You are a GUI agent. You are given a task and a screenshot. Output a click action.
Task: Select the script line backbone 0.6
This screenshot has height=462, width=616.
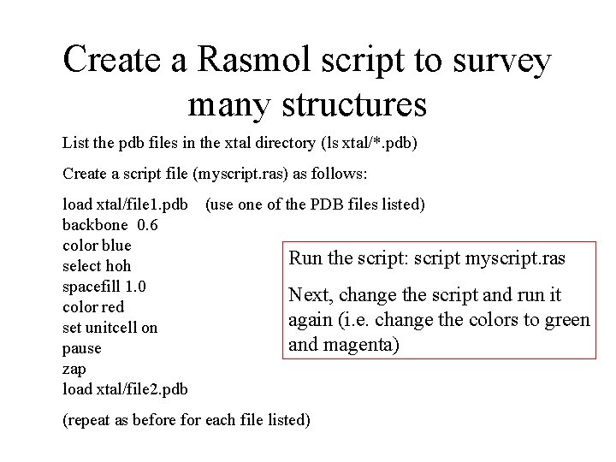coord(110,226)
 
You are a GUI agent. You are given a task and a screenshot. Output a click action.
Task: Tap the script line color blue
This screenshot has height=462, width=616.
coord(98,246)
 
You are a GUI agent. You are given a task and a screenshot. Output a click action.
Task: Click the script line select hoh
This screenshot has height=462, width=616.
coord(98,266)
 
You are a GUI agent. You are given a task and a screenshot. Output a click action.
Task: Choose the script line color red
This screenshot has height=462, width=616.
coord(93,306)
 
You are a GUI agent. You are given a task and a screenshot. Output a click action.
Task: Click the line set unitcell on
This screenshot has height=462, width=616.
coord(110,327)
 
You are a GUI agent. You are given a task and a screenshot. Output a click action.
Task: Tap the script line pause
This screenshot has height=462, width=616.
coord(82,348)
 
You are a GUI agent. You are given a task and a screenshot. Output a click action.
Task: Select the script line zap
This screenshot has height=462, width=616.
coord(75,368)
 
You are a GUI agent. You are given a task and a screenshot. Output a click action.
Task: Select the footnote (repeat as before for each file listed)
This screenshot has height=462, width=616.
coord(187,420)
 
